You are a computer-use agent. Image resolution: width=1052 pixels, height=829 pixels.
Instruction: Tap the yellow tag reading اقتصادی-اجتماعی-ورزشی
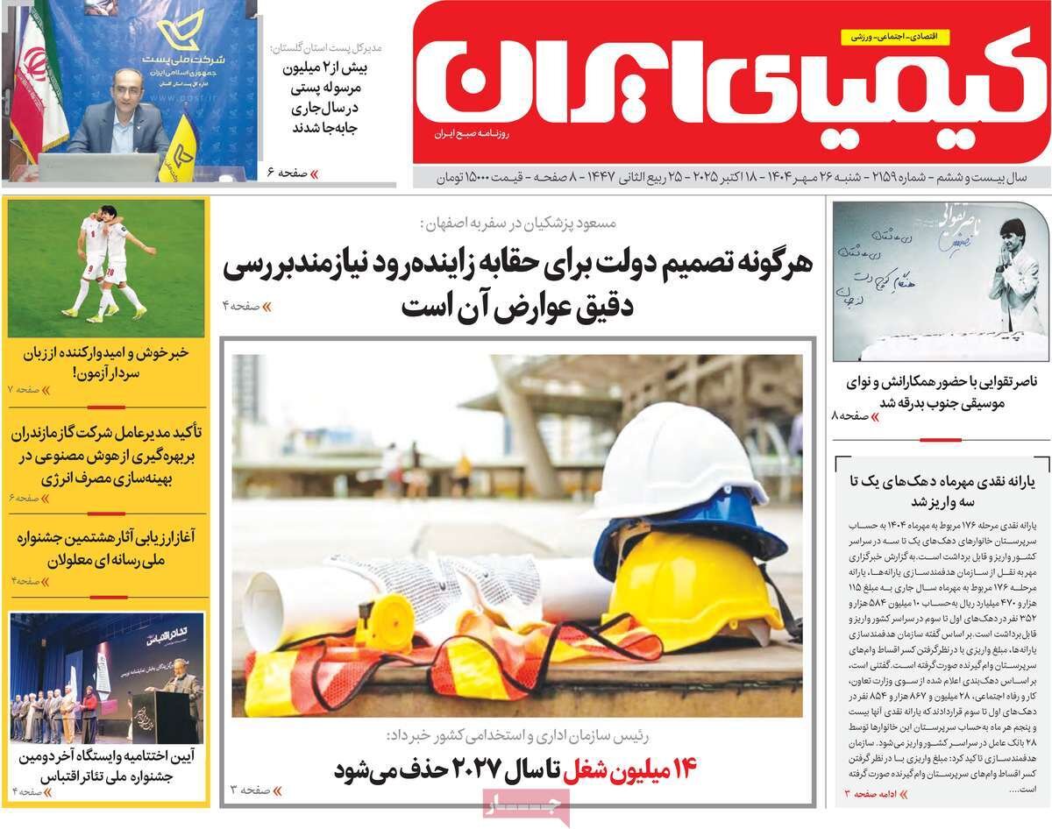click(904, 36)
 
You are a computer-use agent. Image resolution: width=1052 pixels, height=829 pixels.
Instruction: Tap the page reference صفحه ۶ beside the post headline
click(286, 173)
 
